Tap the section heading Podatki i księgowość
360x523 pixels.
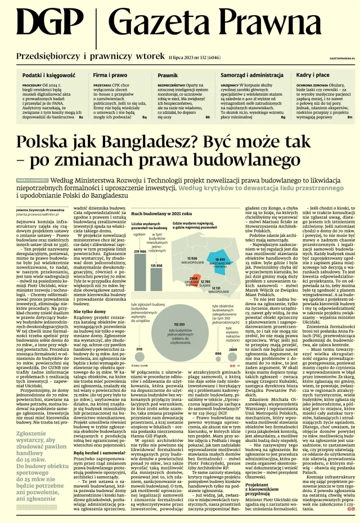[x=49, y=74]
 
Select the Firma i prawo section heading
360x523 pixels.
[x=110, y=74]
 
